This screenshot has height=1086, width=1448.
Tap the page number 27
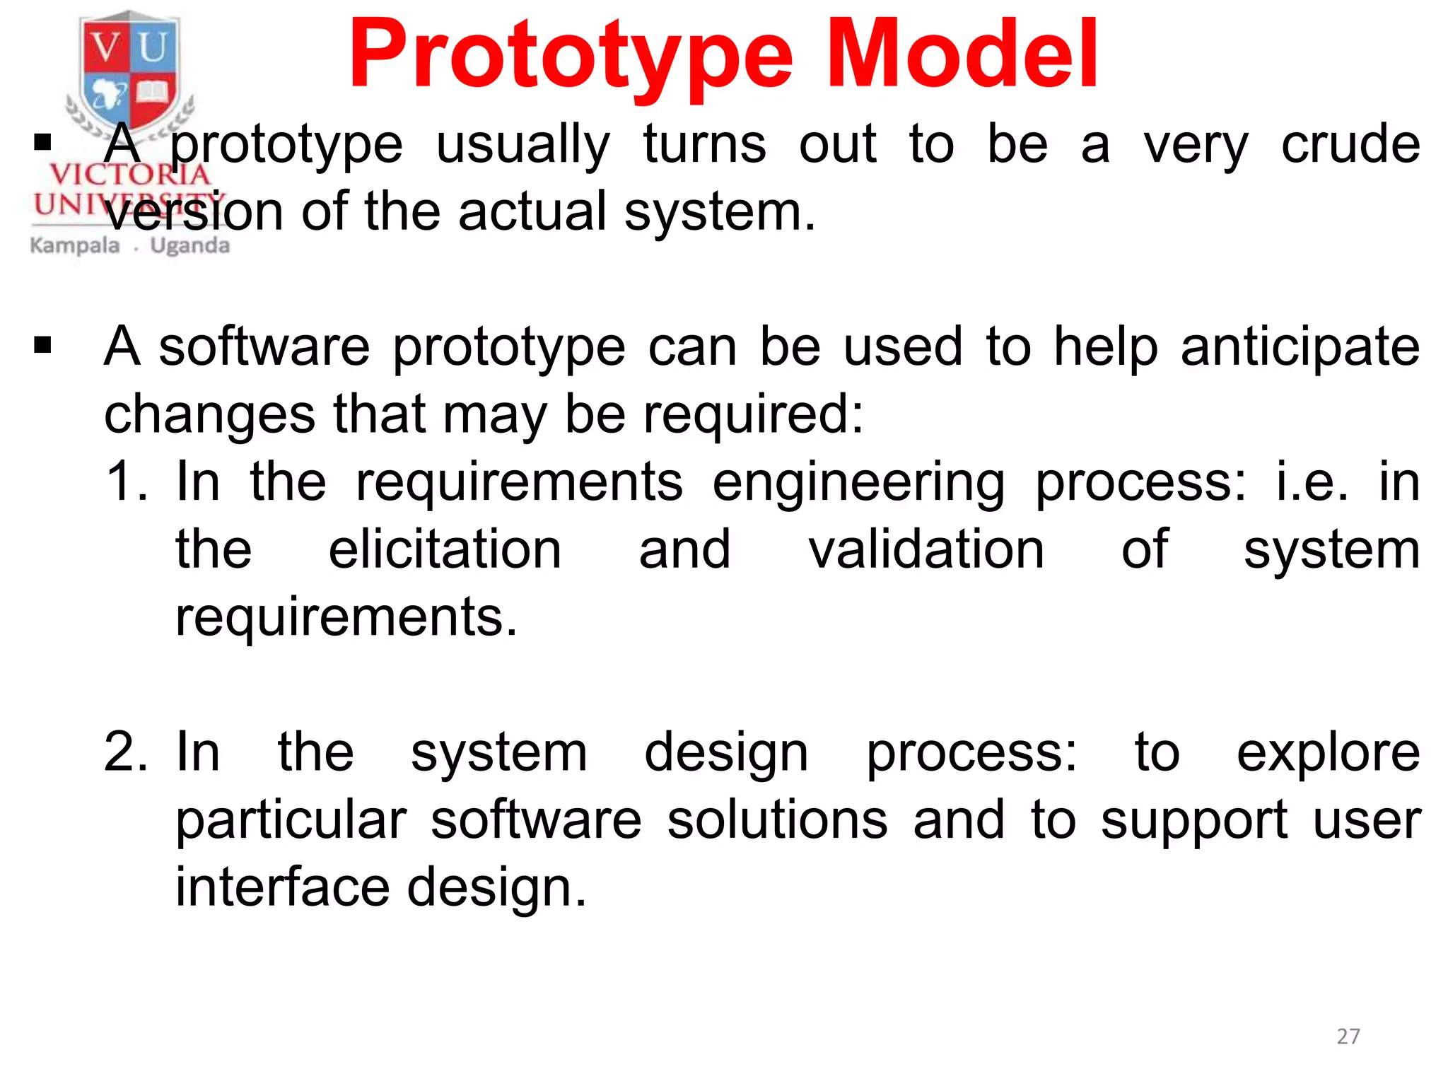point(1348,1037)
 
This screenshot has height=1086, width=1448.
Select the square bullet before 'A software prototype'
point(43,346)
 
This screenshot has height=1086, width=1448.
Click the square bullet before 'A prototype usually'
point(43,143)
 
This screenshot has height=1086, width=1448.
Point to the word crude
point(1350,144)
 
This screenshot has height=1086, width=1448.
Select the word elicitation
point(445,549)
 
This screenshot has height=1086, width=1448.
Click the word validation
point(926,549)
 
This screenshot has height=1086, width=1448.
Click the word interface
point(282,887)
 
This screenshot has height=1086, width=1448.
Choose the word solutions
point(777,820)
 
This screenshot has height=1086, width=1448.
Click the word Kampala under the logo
point(75,246)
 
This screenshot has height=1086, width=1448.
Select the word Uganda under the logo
point(190,246)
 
